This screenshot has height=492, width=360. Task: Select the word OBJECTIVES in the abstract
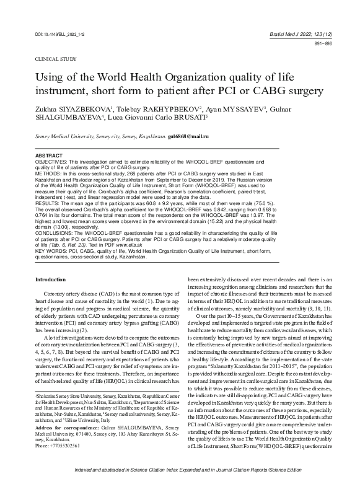51,178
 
